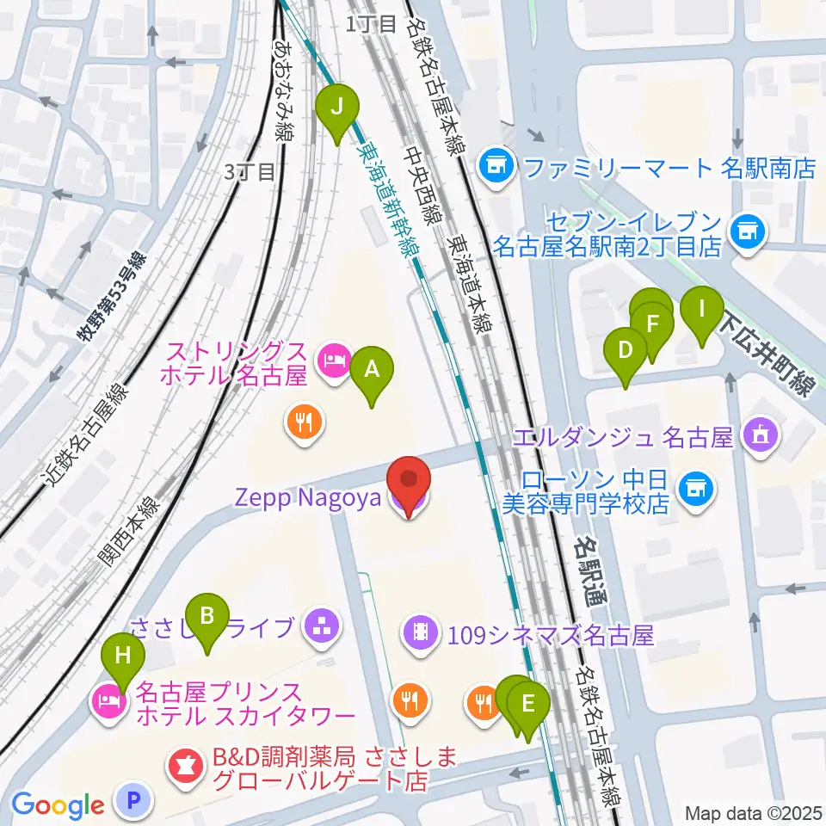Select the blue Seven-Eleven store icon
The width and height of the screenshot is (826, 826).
746,230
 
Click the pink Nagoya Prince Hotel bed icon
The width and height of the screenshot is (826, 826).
106,700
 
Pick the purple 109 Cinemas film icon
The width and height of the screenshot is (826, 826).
419,635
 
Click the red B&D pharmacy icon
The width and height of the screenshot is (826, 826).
183,761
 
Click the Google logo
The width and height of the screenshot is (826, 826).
58,805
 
